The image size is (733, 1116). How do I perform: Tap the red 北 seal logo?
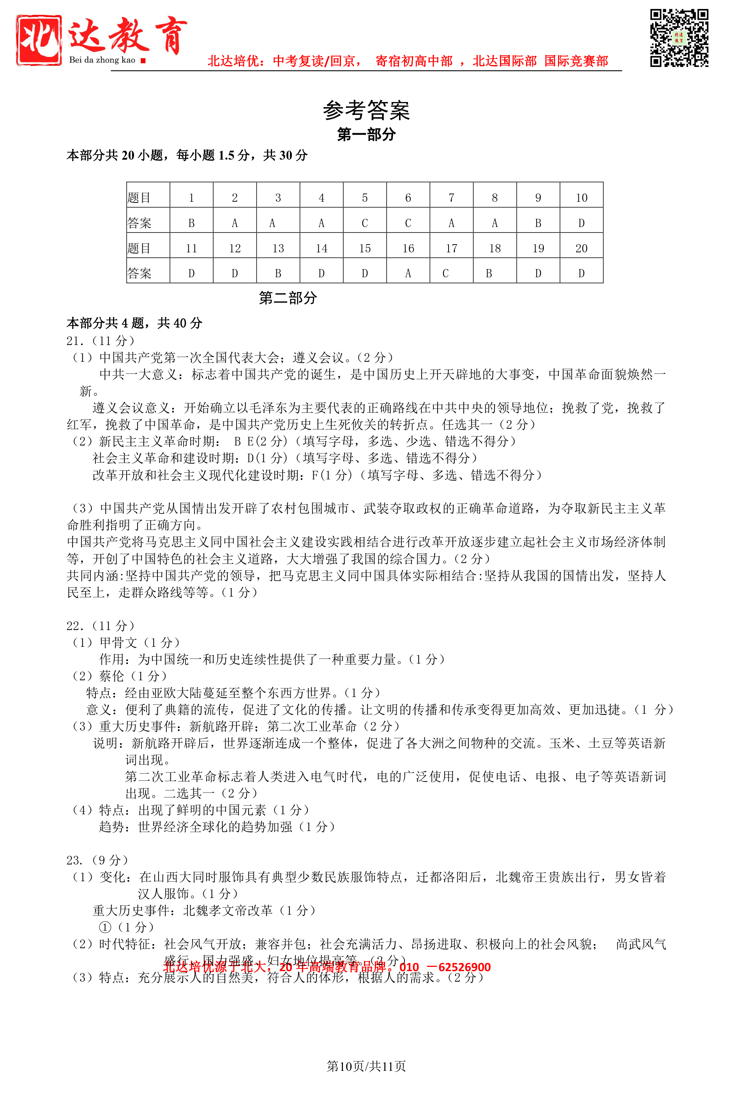click(x=39, y=40)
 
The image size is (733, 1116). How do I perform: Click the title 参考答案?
click(x=366, y=111)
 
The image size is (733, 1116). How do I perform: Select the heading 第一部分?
click(x=366, y=135)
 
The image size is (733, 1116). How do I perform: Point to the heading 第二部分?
click(x=288, y=298)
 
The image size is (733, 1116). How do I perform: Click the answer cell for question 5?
click(x=365, y=223)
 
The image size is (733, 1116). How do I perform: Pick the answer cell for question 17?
click(x=451, y=273)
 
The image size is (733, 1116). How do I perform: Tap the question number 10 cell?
click(x=581, y=198)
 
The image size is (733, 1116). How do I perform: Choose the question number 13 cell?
click(x=278, y=248)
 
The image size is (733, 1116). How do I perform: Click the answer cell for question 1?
click(x=191, y=223)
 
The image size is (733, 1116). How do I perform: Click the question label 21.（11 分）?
click(x=101, y=341)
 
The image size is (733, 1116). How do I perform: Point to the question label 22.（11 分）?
click(x=101, y=625)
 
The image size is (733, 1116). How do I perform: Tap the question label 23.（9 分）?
click(x=97, y=860)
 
